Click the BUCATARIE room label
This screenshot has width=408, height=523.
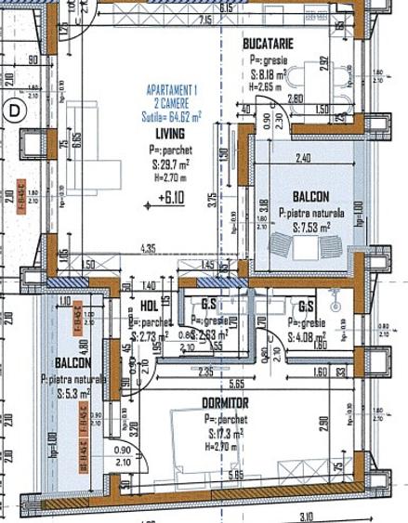[269, 44]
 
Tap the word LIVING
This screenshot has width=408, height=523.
[170, 134]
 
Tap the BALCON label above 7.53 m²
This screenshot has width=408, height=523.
[309, 197]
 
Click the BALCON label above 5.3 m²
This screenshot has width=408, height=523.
[72, 362]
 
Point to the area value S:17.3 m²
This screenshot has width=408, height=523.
[227, 432]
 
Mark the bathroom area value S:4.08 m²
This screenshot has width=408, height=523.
[307, 337]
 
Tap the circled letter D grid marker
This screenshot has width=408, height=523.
[14, 109]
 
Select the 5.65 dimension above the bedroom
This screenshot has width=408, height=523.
[238, 382]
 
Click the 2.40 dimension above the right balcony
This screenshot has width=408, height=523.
[301, 157]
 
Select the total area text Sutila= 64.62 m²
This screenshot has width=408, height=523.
[175, 115]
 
